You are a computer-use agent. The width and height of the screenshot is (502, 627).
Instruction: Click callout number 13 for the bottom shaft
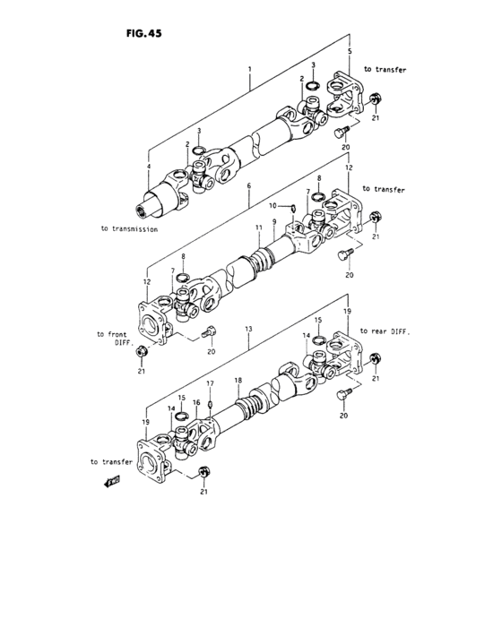pyautogui.click(x=247, y=330)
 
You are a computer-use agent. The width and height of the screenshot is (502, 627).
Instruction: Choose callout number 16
pyautogui.click(x=196, y=404)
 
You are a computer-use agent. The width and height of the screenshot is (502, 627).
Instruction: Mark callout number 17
pyautogui.click(x=211, y=383)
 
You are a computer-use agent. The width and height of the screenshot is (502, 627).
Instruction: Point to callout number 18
pyautogui.click(x=238, y=381)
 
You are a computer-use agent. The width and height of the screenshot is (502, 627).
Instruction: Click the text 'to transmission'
pyautogui.click(x=130, y=229)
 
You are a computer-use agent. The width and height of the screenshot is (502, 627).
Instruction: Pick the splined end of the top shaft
pyautogui.click(x=143, y=211)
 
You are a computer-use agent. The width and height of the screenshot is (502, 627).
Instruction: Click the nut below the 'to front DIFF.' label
pyautogui.click(x=141, y=360)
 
